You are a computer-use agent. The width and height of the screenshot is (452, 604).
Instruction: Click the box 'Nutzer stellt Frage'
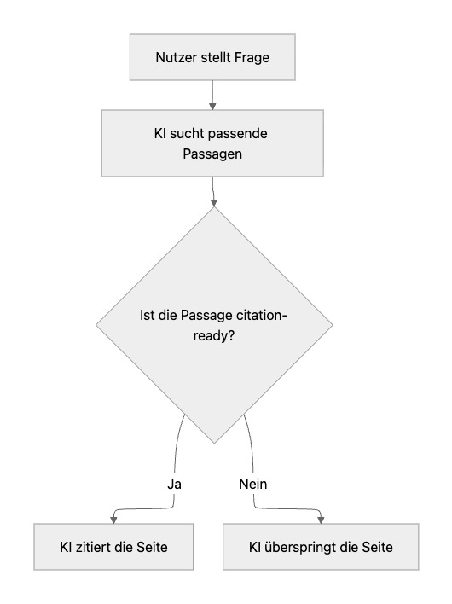pos(212,57)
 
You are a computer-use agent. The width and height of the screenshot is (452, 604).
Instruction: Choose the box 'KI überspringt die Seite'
pos(321,546)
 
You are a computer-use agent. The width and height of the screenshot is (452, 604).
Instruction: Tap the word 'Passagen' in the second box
pos(212,154)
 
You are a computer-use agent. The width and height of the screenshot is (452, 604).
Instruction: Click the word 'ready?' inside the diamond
pos(212,337)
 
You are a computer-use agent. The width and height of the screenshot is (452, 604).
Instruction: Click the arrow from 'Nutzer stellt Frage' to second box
pos(212,94)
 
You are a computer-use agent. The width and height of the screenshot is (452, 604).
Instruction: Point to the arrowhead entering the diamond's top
pos(212,203)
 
